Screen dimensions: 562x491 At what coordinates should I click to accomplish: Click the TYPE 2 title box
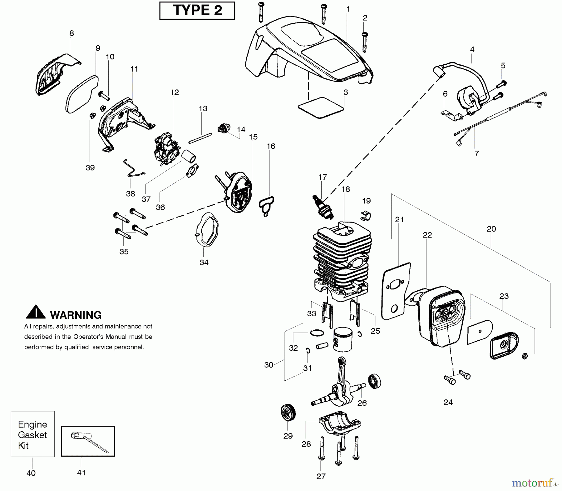[197, 10]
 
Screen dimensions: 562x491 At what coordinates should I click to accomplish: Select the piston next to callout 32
[343, 340]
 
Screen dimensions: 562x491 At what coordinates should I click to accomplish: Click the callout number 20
[491, 229]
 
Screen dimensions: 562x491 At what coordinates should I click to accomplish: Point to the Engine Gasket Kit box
[32, 434]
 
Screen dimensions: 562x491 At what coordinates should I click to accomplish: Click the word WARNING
[76, 315]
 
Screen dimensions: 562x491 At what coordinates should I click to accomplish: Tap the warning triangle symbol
[36, 312]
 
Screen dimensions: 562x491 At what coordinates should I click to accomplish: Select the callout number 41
[81, 473]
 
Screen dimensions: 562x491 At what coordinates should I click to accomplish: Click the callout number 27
[321, 476]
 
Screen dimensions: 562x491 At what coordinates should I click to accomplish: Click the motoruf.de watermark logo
[533, 484]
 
